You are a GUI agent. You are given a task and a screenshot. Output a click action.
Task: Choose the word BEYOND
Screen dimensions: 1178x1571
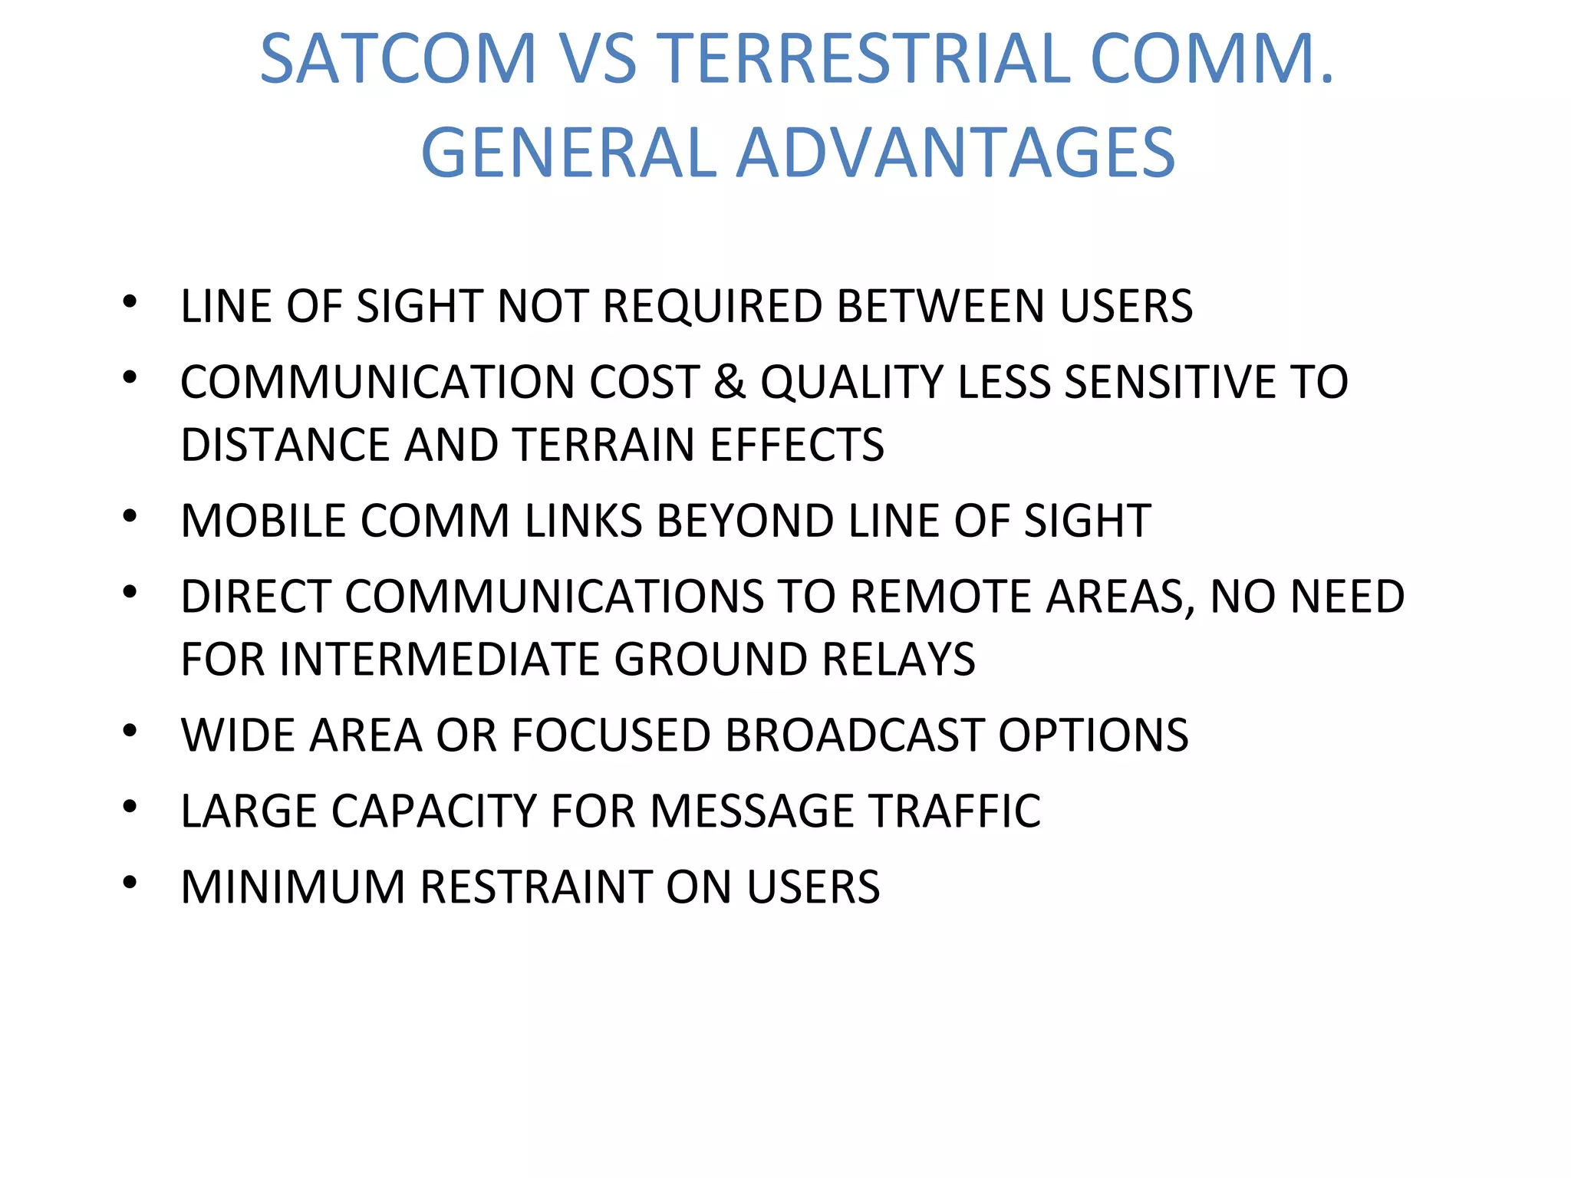746,521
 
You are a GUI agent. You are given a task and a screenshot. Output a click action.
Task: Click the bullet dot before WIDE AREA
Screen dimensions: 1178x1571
130,731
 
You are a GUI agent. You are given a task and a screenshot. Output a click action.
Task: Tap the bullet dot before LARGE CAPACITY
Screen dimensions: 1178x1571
130,807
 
